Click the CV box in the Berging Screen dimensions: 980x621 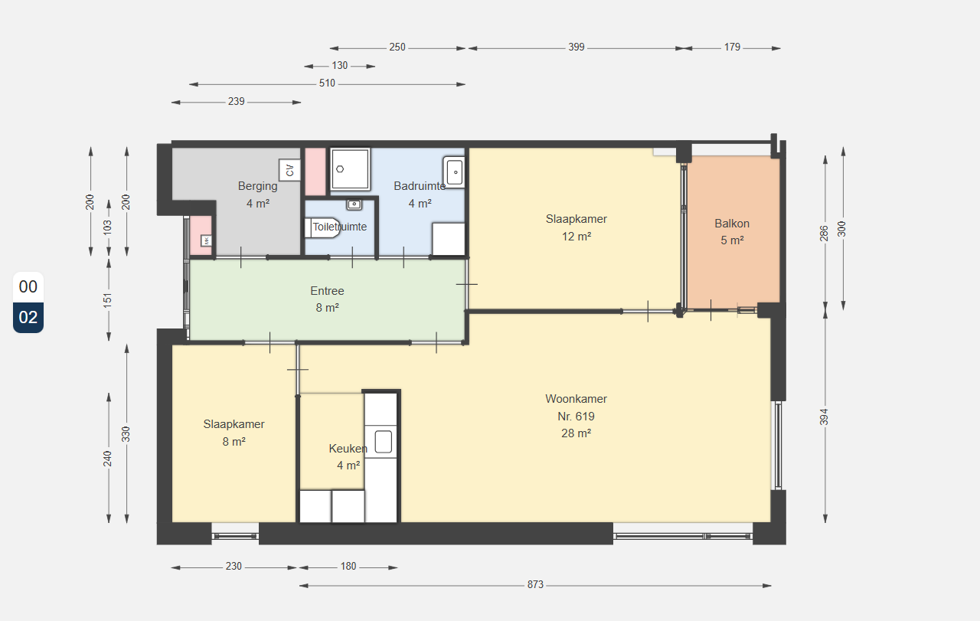pos(289,170)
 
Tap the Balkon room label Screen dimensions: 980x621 pos(732,224)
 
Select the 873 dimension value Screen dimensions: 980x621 pos(535,585)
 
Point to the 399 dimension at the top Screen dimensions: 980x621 pos(577,47)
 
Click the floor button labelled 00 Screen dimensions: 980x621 pos(28,286)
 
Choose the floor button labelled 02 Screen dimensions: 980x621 pos(28,317)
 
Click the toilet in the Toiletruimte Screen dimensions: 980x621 pos(322,228)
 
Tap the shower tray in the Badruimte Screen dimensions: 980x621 pos(351,169)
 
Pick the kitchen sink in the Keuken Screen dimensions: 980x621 pos(384,442)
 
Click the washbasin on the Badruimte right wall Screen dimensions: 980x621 pos(454,172)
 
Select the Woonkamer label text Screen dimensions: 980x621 pos(577,399)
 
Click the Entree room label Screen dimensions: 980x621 pos(327,291)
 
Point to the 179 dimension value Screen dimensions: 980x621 pos(732,47)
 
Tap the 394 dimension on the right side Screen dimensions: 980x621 pos(824,417)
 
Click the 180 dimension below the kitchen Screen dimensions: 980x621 pos(348,567)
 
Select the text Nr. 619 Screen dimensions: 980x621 pos(577,417)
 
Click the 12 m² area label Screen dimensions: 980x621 pos(577,237)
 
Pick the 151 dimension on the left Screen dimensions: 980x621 pos(108,300)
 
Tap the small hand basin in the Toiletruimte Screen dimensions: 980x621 pos(354,204)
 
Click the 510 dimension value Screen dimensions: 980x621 pos(327,83)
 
